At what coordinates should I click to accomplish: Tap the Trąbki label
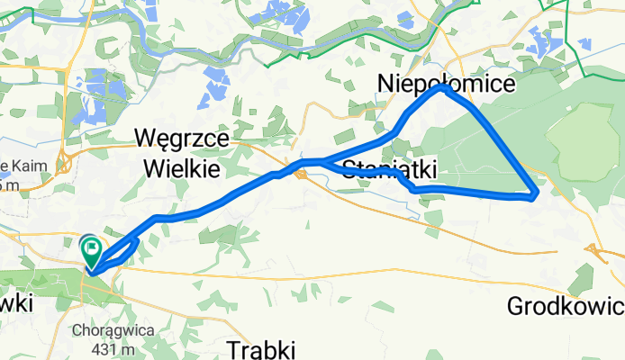(261, 348)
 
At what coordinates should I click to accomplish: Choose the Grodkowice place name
(566, 307)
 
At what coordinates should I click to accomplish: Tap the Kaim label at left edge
(18, 166)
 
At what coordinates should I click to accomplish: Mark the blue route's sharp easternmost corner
(537, 193)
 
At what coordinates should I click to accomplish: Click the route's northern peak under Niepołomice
(441, 88)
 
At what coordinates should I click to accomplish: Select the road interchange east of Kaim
(65, 164)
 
